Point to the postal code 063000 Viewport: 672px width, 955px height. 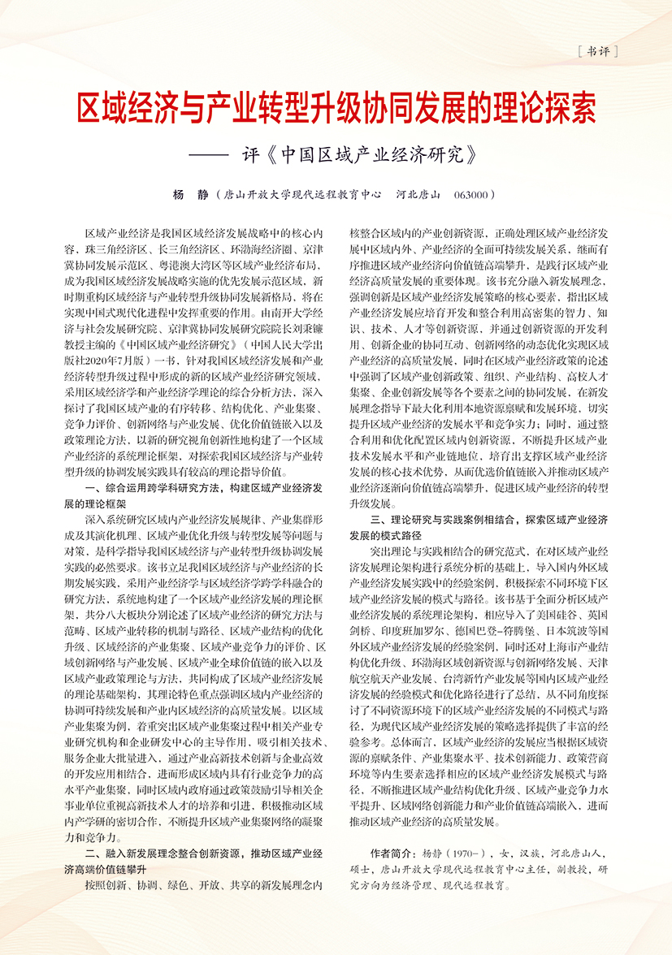click(472, 195)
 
